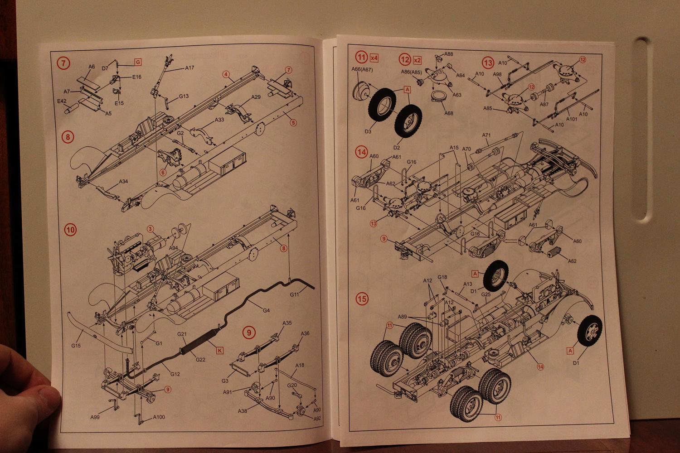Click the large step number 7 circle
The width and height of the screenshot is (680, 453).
click(x=64, y=63)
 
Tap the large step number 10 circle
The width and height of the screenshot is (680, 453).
click(x=70, y=230)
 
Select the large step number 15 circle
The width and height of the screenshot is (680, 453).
click(x=362, y=299)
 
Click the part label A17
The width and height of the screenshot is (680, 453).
click(x=189, y=68)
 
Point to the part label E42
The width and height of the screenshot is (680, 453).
click(x=62, y=101)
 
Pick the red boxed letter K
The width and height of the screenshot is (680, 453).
click(x=219, y=350)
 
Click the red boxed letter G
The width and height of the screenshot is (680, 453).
click(x=137, y=62)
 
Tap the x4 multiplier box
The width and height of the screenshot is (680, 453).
click(x=374, y=58)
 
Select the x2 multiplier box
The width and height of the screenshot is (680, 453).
click(x=417, y=60)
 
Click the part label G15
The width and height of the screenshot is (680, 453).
click(x=76, y=346)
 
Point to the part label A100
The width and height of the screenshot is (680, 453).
click(x=159, y=417)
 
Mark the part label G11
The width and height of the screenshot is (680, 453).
click(x=295, y=294)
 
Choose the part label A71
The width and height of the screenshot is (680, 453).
click(x=486, y=135)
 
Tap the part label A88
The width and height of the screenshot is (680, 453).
click(x=448, y=54)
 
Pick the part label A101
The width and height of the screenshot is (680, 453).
click(x=572, y=119)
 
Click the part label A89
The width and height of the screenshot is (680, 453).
click(x=403, y=317)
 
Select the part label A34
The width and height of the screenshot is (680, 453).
click(x=123, y=182)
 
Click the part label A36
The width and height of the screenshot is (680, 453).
click(x=306, y=333)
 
